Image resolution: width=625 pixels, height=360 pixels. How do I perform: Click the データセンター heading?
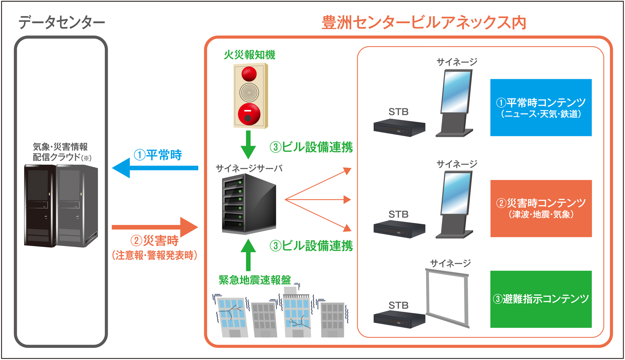pos(62,23)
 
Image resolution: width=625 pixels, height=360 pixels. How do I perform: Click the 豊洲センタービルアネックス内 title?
pos(423,23)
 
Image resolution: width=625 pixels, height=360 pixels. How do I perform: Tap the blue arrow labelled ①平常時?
pos(155,168)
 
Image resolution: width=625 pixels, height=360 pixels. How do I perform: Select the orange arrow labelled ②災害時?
pos(155,227)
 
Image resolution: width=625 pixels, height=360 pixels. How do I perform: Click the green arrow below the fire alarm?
pos(248,145)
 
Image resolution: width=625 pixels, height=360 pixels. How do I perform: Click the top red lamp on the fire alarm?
pos(249,74)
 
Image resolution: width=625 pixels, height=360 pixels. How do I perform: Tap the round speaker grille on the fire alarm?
pos(249,92)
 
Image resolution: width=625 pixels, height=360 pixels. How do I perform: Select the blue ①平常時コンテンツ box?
pos(541,107)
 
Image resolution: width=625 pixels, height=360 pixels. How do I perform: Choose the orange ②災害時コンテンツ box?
pos(541,208)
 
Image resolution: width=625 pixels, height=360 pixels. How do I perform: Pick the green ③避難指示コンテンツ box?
pos(541,299)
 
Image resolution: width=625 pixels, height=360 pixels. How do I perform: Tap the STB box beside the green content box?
pos(399,320)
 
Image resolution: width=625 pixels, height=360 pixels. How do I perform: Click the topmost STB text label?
pos(398,112)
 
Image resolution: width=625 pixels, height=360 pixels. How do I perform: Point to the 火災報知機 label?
pos(249,55)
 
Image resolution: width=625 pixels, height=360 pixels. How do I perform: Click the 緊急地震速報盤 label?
pos(255,280)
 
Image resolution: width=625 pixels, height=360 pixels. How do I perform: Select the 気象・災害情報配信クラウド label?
pos(61,152)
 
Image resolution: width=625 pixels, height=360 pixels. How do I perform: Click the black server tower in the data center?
pos(40,206)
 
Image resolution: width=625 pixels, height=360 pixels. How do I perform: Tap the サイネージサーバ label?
pos(249,168)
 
